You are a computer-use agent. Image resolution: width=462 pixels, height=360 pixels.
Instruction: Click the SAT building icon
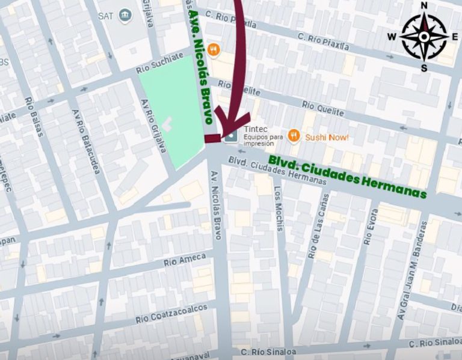(x=125, y=16)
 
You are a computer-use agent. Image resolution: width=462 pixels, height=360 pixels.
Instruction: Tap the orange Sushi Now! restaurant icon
(x=294, y=136)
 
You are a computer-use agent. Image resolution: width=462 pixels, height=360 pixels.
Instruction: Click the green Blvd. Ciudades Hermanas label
(x=347, y=177)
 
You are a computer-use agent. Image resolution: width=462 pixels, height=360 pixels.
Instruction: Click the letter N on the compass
(x=423, y=6)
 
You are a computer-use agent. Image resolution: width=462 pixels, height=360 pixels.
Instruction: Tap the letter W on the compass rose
(x=392, y=37)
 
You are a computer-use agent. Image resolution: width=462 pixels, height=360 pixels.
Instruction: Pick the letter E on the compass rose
(x=455, y=37)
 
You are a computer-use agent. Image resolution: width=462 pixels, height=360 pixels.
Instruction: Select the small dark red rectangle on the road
(x=212, y=139)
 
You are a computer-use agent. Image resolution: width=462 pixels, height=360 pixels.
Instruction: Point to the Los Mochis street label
(x=278, y=208)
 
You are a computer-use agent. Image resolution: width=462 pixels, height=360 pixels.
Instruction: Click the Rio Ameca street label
(x=185, y=260)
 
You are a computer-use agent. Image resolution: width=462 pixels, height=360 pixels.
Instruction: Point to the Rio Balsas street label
(x=34, y=117)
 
